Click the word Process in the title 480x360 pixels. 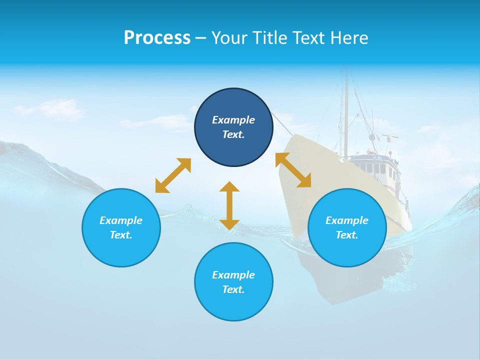pyautogui.click(x=157, y=38)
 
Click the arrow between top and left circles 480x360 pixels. pyautogui.click(x=173, y=175)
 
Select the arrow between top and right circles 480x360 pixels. pyautogui.click(x=293, y=170)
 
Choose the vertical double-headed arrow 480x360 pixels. pyautogui.click(x=229, y=206)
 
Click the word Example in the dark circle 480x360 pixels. pyautogui.click(x=233, y=120)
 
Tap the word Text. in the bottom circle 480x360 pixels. pyautogui.click(x=233, y=289)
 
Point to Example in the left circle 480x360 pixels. pyautogui.click(x=121, y=220)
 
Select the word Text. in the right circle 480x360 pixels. pyautogui.click(x=347, y=235)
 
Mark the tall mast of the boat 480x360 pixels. pyautogui.click(x=345, y=115)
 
